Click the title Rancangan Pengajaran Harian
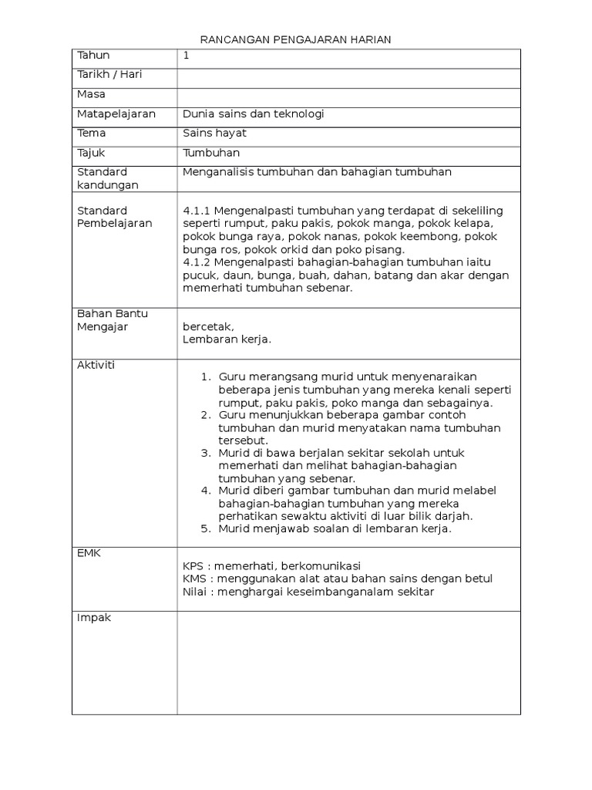coord(296,40)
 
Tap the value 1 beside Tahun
coord(187,56)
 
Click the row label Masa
coord(91,94)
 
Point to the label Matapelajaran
coord(116,113)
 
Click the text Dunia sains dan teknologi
coord(254,113)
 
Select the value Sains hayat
coord(215,133)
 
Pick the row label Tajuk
coord(91,153)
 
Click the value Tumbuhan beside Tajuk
coord(212,153)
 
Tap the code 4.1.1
coord(197,211)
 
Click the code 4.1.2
coord(197,263)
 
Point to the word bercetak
coord(208,326)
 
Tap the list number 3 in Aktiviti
coord(206,452)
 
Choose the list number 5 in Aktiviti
coord(206,528)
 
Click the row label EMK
coord(89,553)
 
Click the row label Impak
coord(94,617)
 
